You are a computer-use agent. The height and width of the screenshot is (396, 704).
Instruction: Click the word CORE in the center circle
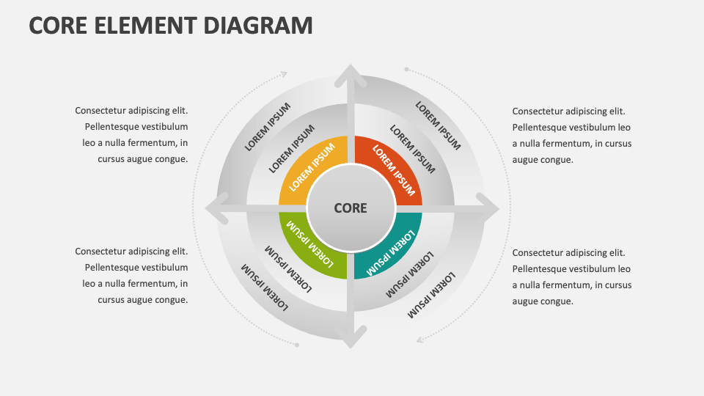(x=351, y=208)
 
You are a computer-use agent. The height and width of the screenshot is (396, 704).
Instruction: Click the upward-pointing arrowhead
(x=351, y=74)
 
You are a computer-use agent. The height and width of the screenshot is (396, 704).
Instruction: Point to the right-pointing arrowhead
(x=489, y=209)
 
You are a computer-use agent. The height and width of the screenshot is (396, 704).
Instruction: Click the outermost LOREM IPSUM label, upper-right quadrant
(x=438, y=125)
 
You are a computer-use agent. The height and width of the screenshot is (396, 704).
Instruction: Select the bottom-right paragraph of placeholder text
(x=571, y=276)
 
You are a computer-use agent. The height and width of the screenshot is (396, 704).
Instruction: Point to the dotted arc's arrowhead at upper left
(x=285, y=73)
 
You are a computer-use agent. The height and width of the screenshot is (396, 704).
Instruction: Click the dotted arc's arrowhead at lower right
(x=419, y=340)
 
